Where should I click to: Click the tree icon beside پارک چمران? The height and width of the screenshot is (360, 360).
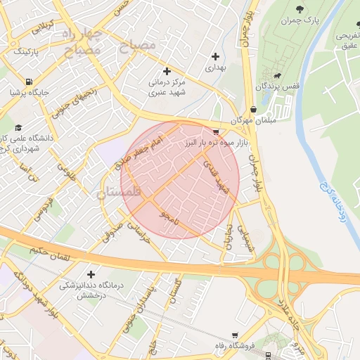coord(301,8)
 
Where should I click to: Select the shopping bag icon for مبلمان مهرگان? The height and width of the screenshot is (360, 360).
coord(252,110)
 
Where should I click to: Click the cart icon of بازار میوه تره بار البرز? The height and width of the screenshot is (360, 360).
coord(215,131)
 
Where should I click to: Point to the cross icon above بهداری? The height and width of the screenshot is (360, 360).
coord(215,56)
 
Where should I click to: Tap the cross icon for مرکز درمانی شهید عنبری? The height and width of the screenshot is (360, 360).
coord(167,71)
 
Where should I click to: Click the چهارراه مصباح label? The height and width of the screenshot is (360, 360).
coord(82,42)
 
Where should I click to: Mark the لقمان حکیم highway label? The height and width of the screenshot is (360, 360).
coord(51,254)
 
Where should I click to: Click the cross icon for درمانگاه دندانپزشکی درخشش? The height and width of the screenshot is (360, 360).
coord(90,274)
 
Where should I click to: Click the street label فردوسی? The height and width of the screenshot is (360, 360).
coord(43,209)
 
